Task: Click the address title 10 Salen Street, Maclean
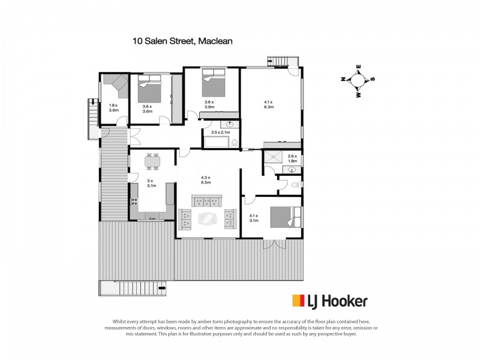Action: [x=182, y=41]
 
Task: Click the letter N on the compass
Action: [x=343, y=79]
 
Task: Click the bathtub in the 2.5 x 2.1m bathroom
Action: [x=217, y=143]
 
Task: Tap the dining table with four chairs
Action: [x=152, y=161]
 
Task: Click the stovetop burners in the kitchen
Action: [x=152, y=217]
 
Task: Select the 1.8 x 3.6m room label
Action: [x=113, y=108]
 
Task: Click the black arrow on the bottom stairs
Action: [x=161, y=289]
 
